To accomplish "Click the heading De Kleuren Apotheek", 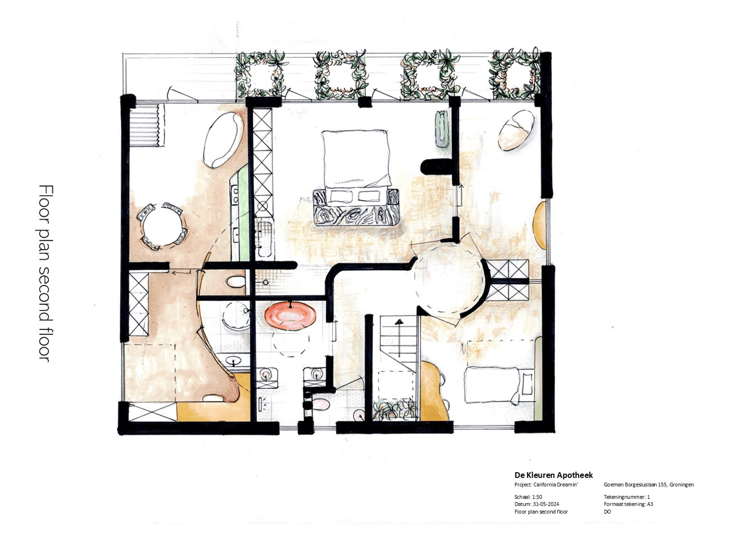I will click(553, 475).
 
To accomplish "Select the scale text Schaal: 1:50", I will click(528, 497).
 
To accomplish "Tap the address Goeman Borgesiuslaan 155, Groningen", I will click(649, 484).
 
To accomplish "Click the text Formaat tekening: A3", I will click(628, 504).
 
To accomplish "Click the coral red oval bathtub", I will click(290, 315).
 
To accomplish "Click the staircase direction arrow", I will click(399, 322).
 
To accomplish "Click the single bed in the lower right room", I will click(492, 385).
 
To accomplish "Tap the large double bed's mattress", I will click(356, 157).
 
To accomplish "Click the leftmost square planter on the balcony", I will click(262, 74).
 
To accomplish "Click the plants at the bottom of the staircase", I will click(395, 409).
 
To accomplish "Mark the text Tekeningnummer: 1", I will click(627, 497).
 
